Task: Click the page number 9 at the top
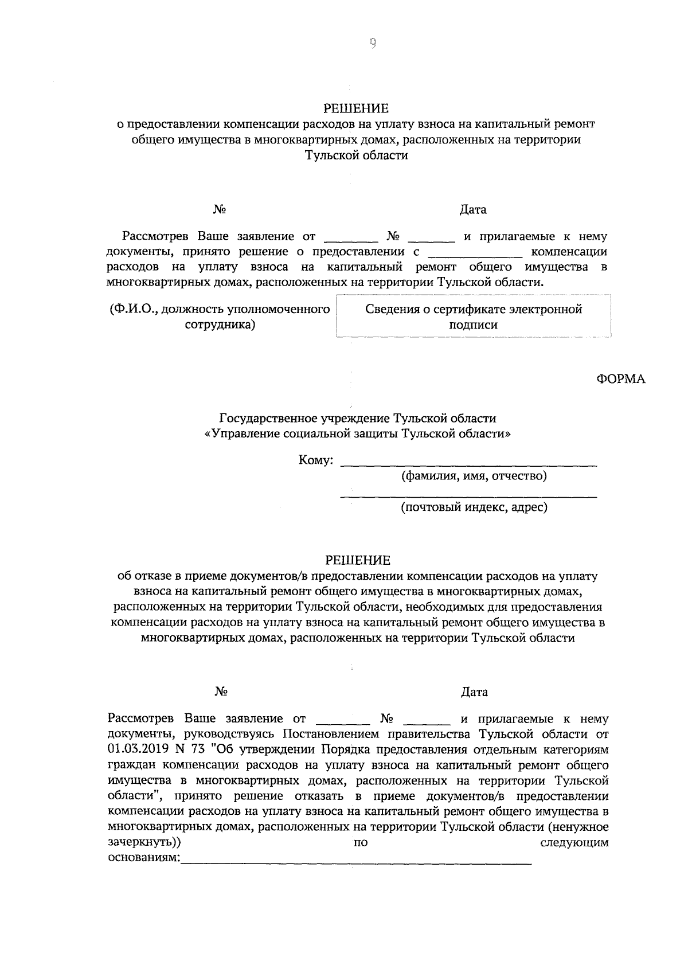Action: [372, 44]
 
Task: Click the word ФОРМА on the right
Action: [621, 379]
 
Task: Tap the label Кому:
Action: [316, 460]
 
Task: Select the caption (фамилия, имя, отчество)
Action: [474, 475]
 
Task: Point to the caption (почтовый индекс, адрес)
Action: [474, 507]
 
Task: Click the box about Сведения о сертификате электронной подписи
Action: [474, 317]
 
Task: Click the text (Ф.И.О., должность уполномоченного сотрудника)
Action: [220, 317]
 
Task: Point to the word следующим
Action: [574, 842]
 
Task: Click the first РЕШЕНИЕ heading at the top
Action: [356, 108]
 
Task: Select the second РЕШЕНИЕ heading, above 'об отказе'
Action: [358, 560]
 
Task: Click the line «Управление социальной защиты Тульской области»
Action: [358, 433]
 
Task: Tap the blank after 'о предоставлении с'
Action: [475, 253]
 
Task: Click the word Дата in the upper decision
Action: [473, 209]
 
